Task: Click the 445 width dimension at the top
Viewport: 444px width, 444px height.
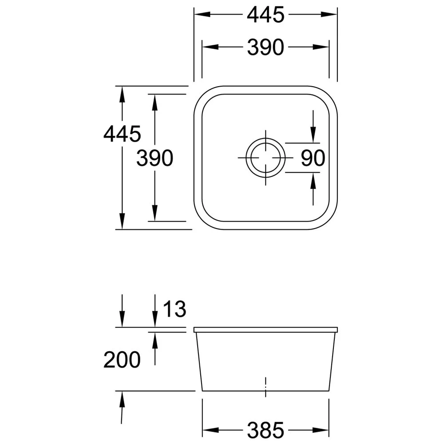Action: tap(266, 15)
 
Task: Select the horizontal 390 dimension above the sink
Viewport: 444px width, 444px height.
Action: tap(266, 48)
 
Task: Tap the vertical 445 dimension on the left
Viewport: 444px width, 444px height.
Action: tap(122, 134)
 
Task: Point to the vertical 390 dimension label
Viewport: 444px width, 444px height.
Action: tap(155, 158)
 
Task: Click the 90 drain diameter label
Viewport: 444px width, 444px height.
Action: tap(313, 158)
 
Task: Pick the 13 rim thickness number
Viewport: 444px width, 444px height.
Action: tap(174, 309)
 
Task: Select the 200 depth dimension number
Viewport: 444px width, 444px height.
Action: tap(122, 360)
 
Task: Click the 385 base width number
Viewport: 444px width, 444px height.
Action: tap(266, 430)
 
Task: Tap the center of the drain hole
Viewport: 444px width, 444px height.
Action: tap(266, 158)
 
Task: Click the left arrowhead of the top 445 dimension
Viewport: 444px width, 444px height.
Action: tap(202, 15)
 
